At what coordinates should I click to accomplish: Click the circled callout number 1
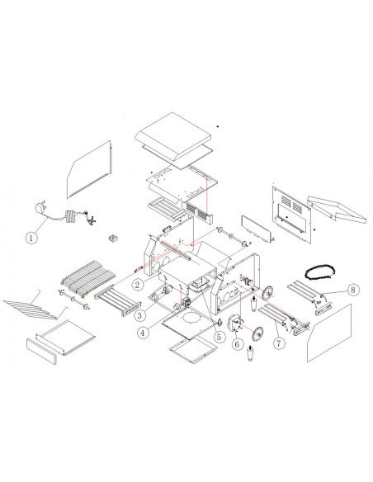click(31, 238)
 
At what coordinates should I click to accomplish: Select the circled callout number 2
click(137, 285)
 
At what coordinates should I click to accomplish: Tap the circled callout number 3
click(139, 315)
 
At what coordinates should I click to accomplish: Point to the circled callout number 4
click(142, 333)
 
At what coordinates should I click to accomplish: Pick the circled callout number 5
click(219, 337)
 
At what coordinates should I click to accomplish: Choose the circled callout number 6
click(237, 344)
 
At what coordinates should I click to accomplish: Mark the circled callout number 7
click(279, 343)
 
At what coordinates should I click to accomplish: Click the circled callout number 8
click(353, 289)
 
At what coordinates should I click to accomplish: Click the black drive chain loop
click(320, 272)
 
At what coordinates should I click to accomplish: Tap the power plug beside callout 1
click(40, 208)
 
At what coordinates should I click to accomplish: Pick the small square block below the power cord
click(113, 238)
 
